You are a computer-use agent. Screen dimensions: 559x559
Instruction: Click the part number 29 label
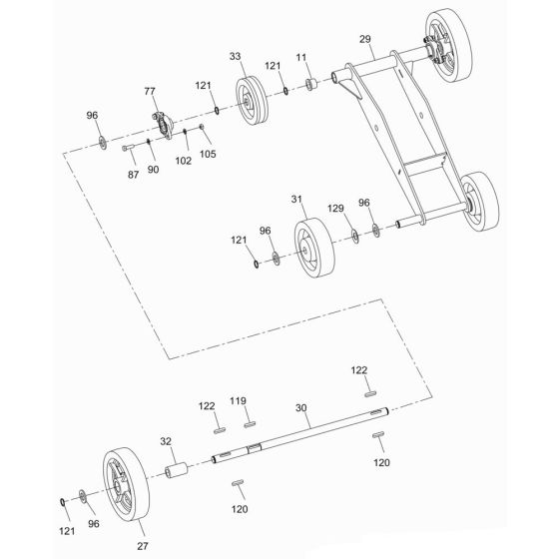pos(364,39)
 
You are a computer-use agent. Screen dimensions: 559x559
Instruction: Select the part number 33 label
pos(236,57)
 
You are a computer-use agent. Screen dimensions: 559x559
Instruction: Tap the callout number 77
pos(151,91)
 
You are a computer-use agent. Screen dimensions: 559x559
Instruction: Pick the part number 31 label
pos(295,201)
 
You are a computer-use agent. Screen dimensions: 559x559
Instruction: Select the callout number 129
pos(337,209)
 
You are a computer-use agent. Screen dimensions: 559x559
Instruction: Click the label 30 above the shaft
pos(302,408)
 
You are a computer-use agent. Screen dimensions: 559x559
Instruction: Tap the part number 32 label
pos(167,439)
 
